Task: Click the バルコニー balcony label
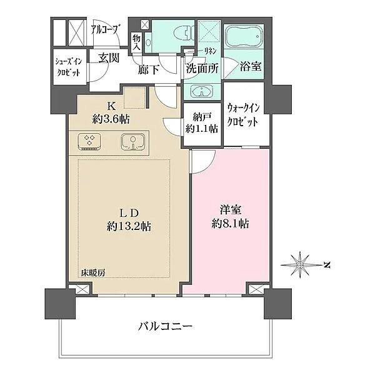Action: [165, 326]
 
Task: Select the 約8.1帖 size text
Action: [231, 224]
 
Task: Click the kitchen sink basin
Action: [131, 141]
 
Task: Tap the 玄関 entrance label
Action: [109, 58]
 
